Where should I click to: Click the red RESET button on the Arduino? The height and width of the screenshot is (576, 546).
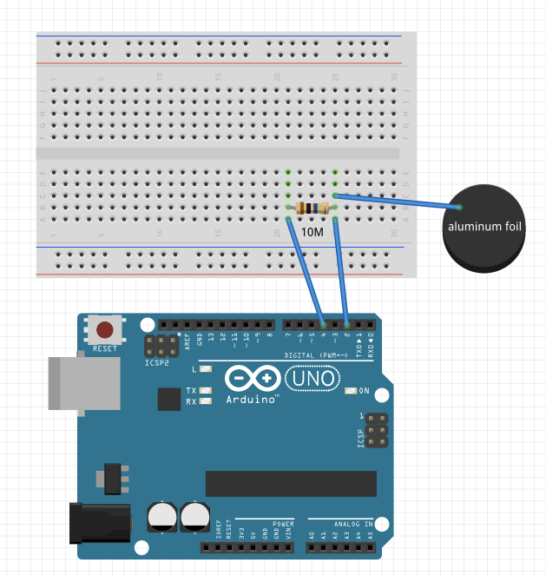(105, 330)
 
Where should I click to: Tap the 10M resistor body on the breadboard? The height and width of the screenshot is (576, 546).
(312, 208)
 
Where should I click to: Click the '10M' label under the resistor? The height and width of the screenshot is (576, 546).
(312, 232)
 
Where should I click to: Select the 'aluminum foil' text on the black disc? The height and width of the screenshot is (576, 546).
(484, 228)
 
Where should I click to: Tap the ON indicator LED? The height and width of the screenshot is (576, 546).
(350, 390)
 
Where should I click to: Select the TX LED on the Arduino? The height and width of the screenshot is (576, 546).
(206, 391)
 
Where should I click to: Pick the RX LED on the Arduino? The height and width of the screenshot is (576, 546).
(206, 401)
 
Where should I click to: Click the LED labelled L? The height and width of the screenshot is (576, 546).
(206, 369)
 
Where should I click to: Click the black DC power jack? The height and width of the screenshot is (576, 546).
(100, 526)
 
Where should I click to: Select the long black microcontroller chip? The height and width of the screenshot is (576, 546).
(291, 483)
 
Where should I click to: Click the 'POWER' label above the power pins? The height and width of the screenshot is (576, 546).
(283, 524)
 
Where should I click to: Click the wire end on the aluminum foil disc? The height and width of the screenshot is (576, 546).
(459, 207)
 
